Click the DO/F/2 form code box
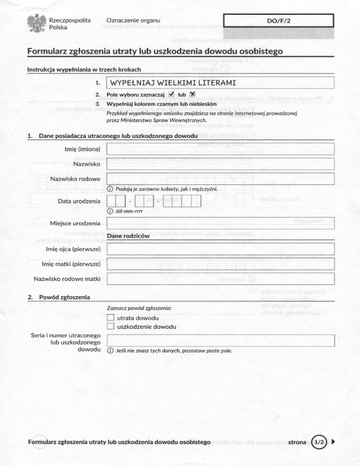278,21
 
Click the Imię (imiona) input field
220,149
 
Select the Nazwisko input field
220,164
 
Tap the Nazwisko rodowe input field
220,179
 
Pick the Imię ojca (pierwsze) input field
220,248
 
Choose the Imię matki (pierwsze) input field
220,264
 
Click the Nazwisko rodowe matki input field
220,279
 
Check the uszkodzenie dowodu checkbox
111,327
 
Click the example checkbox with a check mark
172,94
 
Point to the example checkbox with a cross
192,94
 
